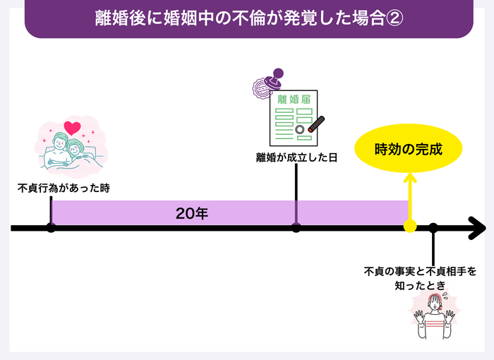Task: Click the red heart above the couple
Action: tap(71, 128)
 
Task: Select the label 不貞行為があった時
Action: tap(64, 188)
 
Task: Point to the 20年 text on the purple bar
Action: tap(191, 213)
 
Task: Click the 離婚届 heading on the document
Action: tap(294, 100)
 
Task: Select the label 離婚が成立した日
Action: tap(296, 157)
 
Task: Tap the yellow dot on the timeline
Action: tap(409, 227)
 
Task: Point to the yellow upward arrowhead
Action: tap(409, 177)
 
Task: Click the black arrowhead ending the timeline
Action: tap(477, 228)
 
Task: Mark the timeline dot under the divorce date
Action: tap(296, 227)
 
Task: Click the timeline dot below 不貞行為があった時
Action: tap(51, 227)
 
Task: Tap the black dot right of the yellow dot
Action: tap(433, 227)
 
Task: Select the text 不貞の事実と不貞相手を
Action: tap(420, 270)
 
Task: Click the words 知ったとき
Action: tap(420, 285)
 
